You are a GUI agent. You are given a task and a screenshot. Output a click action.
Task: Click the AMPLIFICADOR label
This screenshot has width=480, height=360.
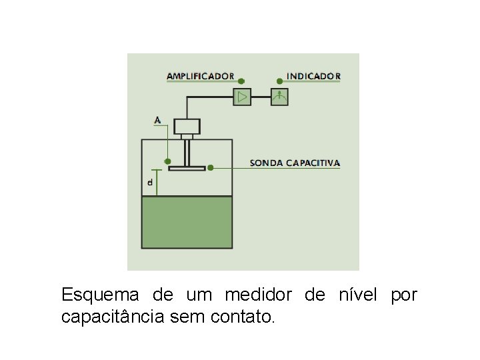click(x=200, y=76)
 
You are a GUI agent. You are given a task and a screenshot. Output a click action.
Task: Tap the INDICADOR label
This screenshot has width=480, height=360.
click(x=313, y=76)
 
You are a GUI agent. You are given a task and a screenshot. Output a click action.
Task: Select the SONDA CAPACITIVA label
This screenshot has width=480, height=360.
click(x=295, y=163)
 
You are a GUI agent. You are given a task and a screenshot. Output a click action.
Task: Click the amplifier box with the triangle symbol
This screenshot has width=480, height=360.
click(x=241, y=97)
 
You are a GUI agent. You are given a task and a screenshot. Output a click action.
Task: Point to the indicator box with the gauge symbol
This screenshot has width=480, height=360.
click(x=279, y=97)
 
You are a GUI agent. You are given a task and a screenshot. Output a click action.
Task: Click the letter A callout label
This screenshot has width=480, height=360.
click(x=157, y=121)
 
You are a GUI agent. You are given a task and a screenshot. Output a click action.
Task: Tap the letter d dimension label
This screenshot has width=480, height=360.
click(x=150, y=181)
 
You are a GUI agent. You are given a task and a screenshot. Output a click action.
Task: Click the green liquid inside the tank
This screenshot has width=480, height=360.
click(x=187, y=222)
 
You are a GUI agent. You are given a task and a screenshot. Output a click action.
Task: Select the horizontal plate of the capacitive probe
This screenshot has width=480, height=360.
click(x=187, y=168)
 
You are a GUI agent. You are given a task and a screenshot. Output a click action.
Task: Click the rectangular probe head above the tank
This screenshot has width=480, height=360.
click(x=187, y=126)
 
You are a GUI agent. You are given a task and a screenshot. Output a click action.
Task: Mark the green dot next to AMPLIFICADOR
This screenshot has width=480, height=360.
click(x=241, y=80)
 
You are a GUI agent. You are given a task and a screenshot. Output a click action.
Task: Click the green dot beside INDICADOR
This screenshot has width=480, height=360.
click(x=279, y=81)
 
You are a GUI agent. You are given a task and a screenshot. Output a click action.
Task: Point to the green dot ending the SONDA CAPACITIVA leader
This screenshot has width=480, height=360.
click(x=210, y=167)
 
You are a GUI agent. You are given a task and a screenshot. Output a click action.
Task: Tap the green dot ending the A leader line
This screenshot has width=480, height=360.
click(x=168, y=161)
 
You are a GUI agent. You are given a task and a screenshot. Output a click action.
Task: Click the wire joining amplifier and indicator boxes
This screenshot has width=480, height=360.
click(x=261, y=97)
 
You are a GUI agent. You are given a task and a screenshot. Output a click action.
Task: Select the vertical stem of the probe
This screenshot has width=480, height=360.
click(x=187, y=153)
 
